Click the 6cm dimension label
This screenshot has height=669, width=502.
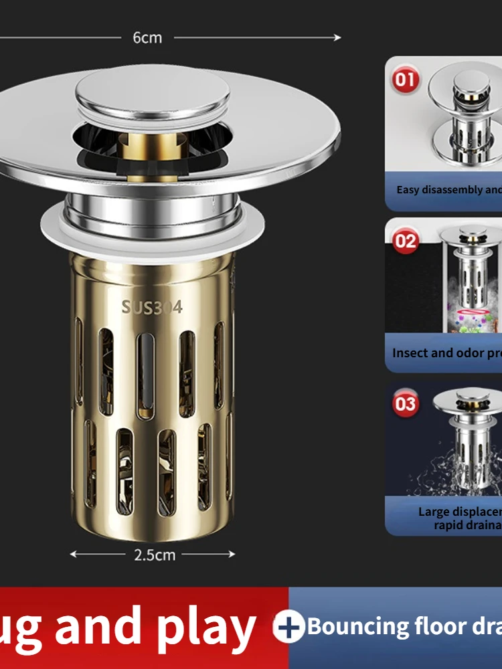pyautogui.click(x=147, y=38)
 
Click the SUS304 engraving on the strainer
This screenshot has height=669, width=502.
pyautogui.click(x=152, y=307)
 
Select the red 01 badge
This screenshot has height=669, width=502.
pyautogui.click(x=405, y=80)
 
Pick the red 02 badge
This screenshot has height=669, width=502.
pyautogui.click(x=406, y=240)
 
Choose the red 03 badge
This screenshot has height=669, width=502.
pyautogui.click(x=406, y=404)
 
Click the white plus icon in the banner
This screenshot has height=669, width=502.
pyautogui.click(x=289, y=628)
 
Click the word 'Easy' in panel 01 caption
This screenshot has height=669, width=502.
pyautogui.click(x=408, y=190)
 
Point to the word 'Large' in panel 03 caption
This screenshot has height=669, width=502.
pyautogui.click(x=434, y=512)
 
